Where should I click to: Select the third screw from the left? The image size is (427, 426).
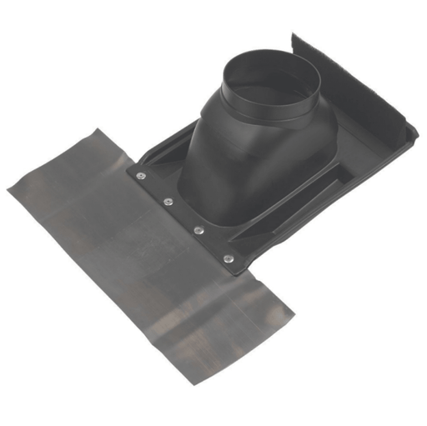(x=198, y=229)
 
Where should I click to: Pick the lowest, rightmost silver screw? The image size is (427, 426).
(x=227, y=258)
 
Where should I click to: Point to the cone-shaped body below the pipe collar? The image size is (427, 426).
(x=250, y=158)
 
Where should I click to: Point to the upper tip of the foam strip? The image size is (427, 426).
(x=293, y=37)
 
